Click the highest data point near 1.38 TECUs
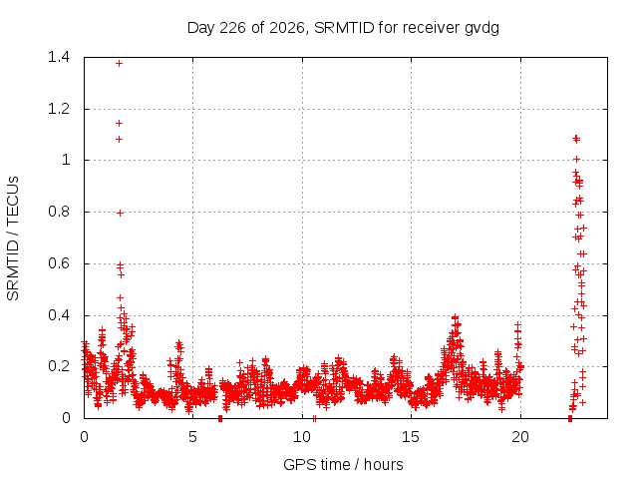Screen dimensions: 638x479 coord(119,64)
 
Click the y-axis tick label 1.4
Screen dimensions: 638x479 coord(59,57)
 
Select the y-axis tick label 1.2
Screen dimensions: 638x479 coord(59,109)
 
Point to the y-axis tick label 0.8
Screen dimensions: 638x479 coord(59,212)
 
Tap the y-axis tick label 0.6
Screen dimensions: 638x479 coord(59,263)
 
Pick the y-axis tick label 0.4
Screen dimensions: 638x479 coord(59,315)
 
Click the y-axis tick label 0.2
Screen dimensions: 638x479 coord(59,366)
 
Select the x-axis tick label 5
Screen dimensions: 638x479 coord(192,437)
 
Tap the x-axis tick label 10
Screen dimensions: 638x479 coord(302,437)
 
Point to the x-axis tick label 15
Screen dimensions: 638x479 coord(411,437)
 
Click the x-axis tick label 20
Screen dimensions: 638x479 coord(520,437)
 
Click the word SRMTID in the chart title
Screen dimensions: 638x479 coord(344,28)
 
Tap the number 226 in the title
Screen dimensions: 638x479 coord(232,28)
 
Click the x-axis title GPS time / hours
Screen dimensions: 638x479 coord(343,464)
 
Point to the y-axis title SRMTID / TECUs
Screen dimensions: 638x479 coord(13,239)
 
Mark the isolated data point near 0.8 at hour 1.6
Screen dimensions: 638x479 coord(120,213)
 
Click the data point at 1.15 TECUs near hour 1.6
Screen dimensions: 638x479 coord(119,124)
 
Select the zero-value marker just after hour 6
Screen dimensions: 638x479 coord(220,418)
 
